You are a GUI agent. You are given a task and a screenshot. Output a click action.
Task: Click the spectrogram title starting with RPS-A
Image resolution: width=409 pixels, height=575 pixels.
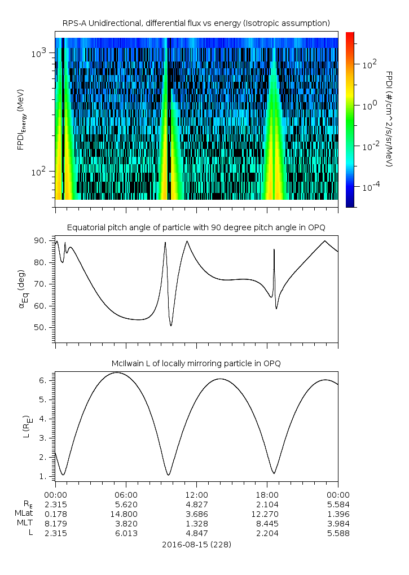coord(196,23)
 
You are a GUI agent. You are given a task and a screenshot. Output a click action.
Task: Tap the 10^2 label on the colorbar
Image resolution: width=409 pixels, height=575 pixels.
coord(369,64)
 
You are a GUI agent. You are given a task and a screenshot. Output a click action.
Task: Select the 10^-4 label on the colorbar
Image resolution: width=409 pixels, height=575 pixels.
coord(370,186)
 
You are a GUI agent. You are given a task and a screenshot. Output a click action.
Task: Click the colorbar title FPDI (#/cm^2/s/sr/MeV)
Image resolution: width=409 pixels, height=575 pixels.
coord(389,118)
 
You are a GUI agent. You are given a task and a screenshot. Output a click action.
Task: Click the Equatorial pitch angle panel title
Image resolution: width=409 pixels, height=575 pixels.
coord(196,227)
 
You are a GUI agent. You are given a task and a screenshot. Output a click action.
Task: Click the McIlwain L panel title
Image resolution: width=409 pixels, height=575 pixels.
coord(196,363)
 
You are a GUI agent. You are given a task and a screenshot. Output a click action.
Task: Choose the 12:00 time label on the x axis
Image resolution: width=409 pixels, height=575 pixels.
coord(196,493)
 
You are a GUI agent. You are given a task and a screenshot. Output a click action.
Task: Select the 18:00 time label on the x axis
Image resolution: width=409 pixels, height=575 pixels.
coord(267,493)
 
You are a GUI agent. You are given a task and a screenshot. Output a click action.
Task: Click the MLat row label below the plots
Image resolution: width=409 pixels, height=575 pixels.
coord(23,513)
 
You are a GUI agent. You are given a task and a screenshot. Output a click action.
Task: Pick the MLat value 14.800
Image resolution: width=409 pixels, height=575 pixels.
coord(125,513)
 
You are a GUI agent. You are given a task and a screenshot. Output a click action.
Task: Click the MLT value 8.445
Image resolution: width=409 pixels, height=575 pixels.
coord(267,524)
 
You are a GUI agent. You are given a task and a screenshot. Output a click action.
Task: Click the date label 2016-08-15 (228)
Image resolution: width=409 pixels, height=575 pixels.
coord(196,545)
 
